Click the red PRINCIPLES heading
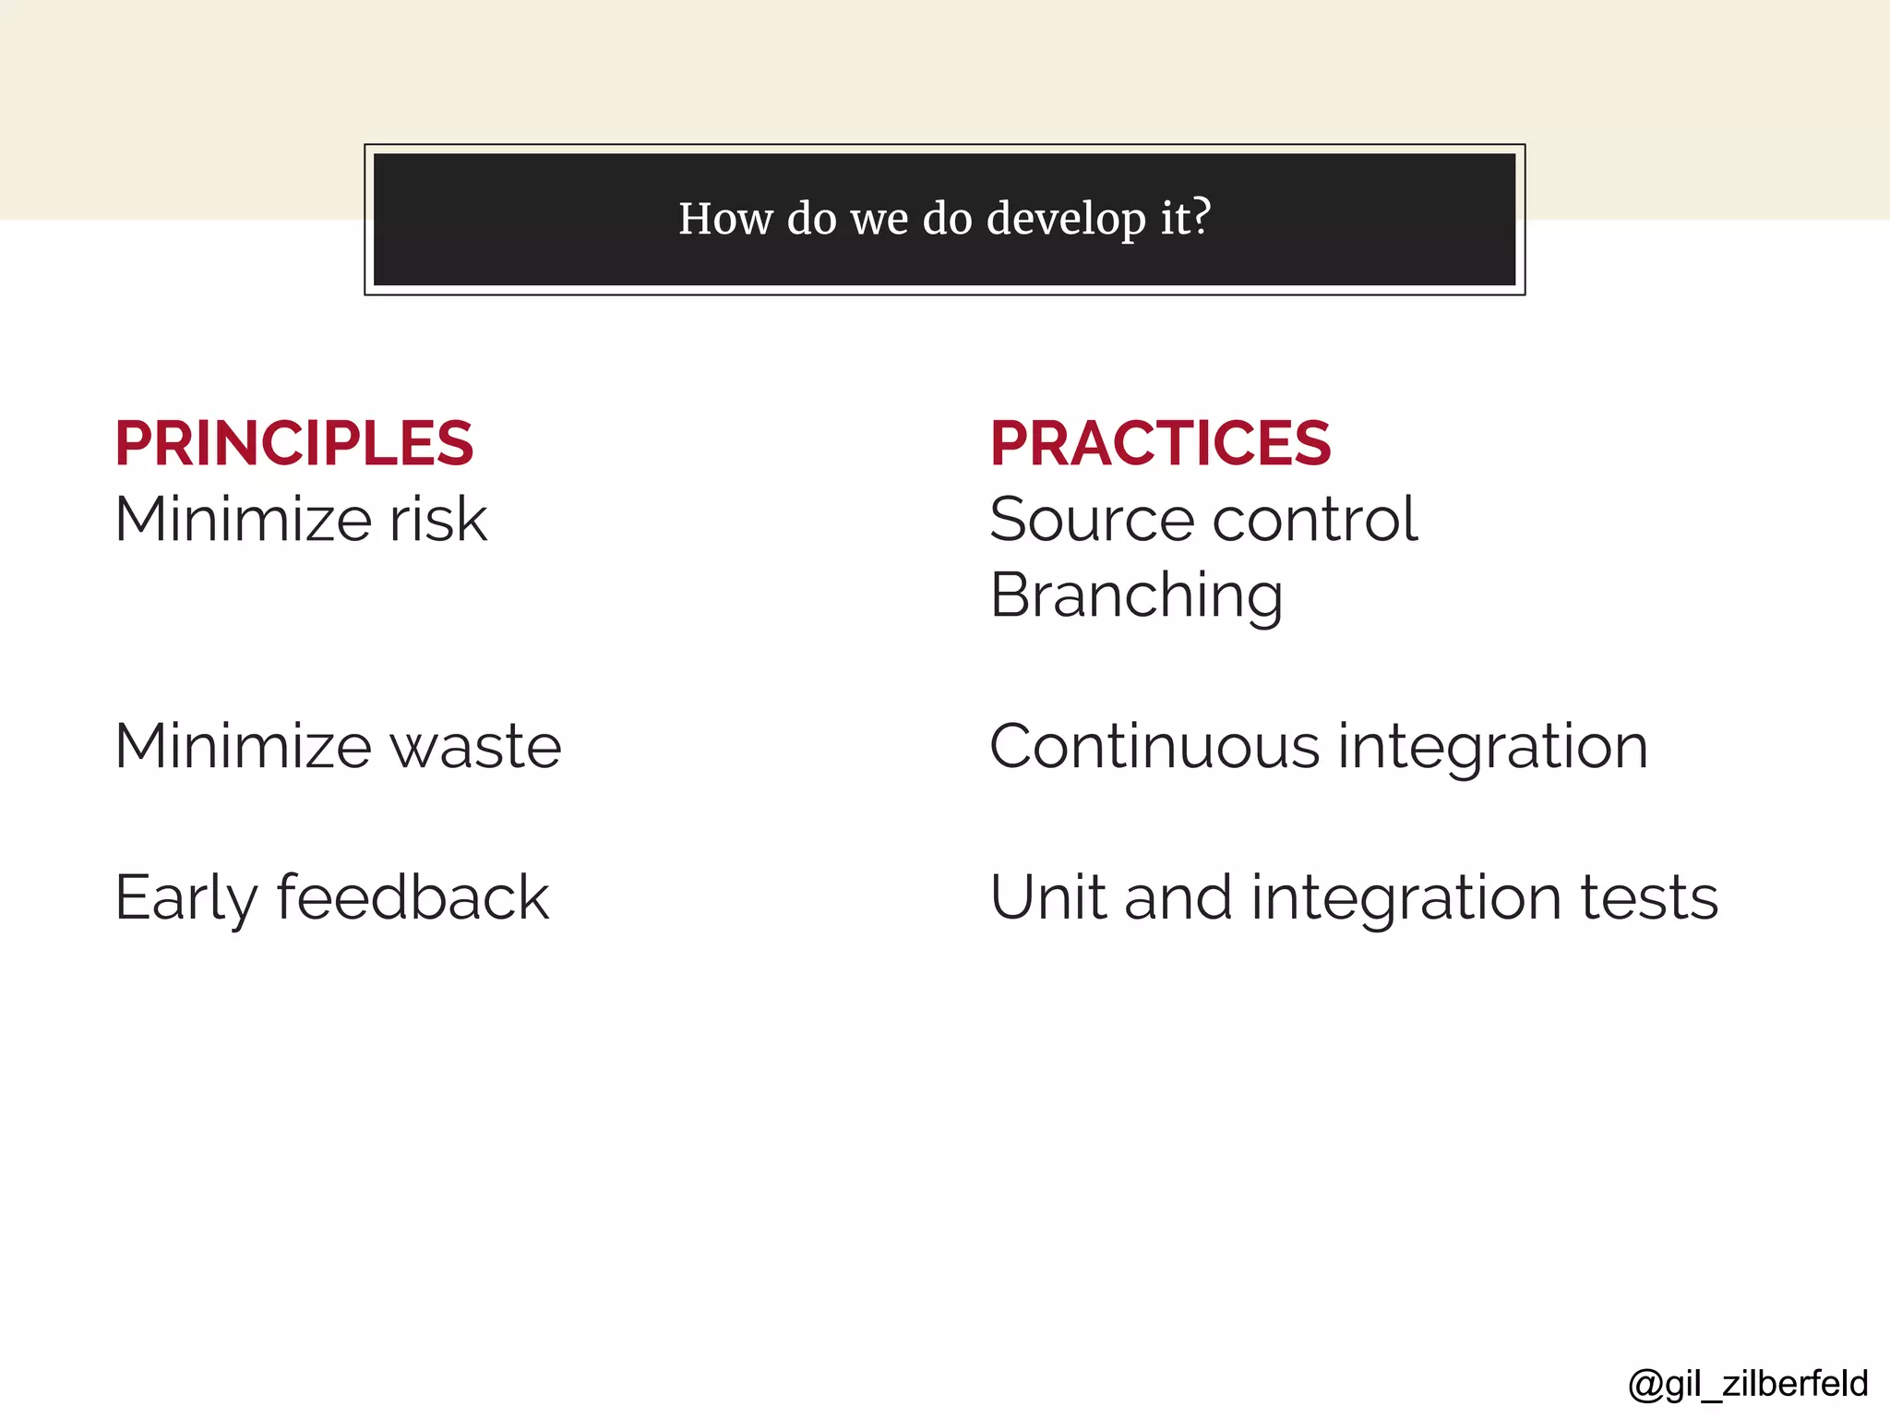point(293,444)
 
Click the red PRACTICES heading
point(1160,444)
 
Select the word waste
point(475,747)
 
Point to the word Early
point(185,898)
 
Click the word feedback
point(413,898)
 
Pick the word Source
point(1092,520)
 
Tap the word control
point(1315,520)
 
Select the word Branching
point(1136,596)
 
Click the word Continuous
point(1154,747)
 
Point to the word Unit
point(1047,898)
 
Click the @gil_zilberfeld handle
point(1748,1384)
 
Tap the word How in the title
point(725,219)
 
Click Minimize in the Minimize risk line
point(242,520)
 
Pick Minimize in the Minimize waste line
point(242,747)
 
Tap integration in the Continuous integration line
point(1492,747)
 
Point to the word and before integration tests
point(1178,898)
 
